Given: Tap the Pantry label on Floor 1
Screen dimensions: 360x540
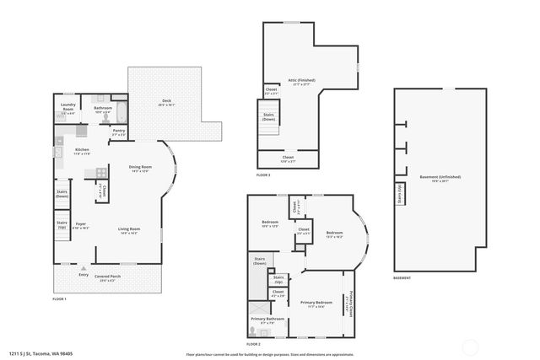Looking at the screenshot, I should tap(119, 132).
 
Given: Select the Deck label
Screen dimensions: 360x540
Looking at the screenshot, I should tap(166, 103).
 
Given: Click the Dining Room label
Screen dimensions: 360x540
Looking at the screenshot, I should tap(140, 169).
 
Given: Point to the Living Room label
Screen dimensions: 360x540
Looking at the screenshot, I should tap(129, 230).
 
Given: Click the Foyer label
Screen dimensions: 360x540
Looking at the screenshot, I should tap(81, 225).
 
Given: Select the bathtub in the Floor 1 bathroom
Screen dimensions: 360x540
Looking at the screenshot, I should tap(120, 110).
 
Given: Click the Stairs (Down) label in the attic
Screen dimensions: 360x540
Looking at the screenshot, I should tap(269, 117).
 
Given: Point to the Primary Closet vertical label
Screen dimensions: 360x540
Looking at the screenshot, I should tap(349, 302).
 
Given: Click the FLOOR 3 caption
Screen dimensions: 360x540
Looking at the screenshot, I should tap(264, 175).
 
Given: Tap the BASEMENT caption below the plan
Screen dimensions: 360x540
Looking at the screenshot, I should tap(402, 277).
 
